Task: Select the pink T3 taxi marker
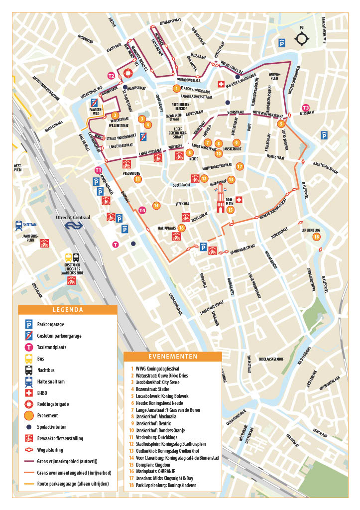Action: click(x=306, y=108)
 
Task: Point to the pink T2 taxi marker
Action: click(x=112, y=76)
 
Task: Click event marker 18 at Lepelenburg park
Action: click(x=317, y=237)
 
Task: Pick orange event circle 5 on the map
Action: click(x=281, y=124)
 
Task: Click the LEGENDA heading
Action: click(x=68, y=310)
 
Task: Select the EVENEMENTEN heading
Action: click(x=172, y=357)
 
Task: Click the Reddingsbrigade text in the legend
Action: click(x=55, y=403)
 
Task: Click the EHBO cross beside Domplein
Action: click(x=240, y=200)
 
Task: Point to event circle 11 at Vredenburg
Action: click(x=137, y=179)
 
